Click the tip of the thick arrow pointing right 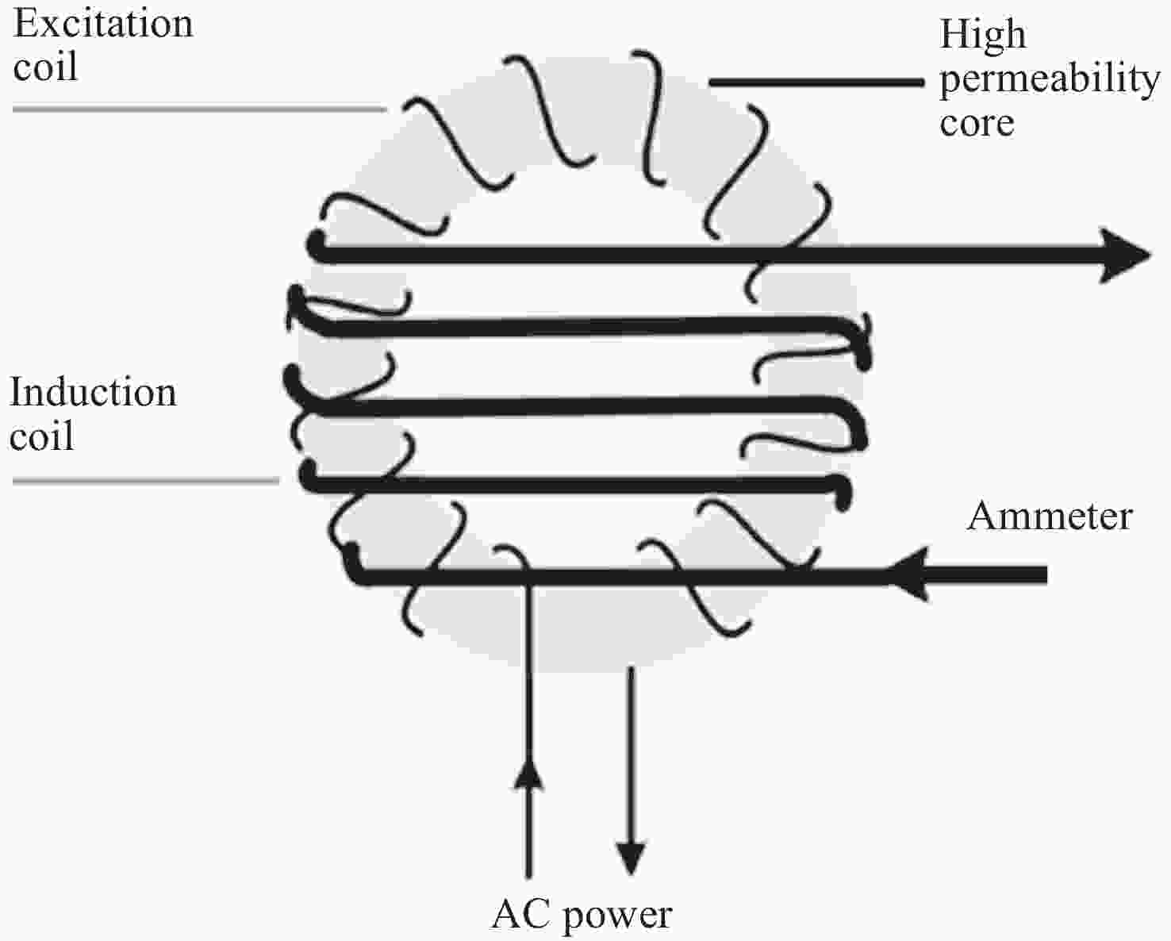(x=1150, y=255)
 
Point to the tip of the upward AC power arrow (x=528, y=758)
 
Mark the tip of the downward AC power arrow (x=631, y=875)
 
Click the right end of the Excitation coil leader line (x=386, y=109)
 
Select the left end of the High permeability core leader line (x=709, y=83)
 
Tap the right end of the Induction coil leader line (x=278, y=481)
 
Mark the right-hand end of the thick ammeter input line (x=1047, y=574)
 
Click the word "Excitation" (x=103, y=24)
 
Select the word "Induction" (x=93, y=392)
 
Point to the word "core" (x=977, y=124)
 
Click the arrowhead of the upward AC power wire (x=528, y=773)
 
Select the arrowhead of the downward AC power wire (x=631, y=859)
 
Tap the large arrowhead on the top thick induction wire (x=1125, y=255)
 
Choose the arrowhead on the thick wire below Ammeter (x=908, y=574)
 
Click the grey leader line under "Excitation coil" (x=200, y=109)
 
